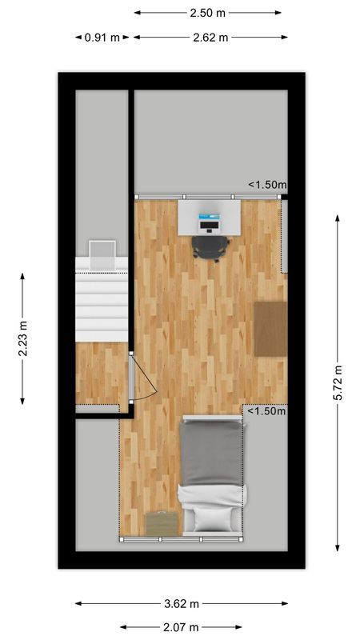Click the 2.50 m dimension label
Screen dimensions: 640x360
(x=207, y=13)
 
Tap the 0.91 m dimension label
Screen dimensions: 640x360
(x=102, y=38)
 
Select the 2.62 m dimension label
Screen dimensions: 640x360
(x=210, y=38)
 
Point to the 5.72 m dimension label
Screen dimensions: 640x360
(x=338, y=383)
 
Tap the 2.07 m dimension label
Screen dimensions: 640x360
(x=182, y=627)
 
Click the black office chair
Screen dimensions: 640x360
(x=210, y=247)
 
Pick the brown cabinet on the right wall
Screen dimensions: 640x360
(x=270, y=328)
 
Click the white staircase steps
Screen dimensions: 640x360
(x=102, y=304)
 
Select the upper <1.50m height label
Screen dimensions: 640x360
(x=266, y=185)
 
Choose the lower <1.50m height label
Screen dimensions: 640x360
(x=266, y=412)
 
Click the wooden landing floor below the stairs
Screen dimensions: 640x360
(x=102, y=373)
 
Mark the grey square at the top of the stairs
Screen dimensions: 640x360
(x=102, y=254)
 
